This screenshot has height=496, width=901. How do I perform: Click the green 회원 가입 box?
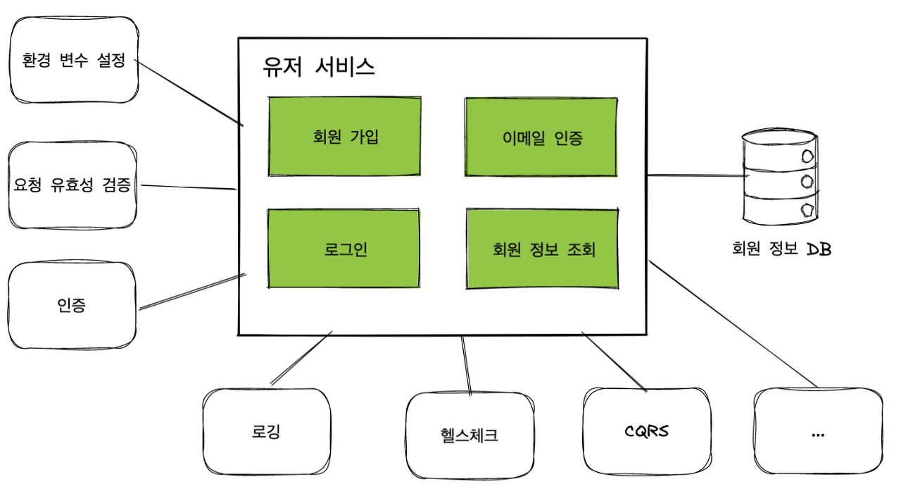tap(345, 136)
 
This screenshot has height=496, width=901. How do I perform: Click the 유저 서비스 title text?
tap(318, 66)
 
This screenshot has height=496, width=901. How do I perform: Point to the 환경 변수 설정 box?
tap(73, 61)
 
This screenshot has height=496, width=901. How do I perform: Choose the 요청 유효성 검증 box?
tap(73, 186)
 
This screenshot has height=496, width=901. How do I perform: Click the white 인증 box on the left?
tap(72, 306)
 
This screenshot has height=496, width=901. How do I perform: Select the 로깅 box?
tap(266, 431)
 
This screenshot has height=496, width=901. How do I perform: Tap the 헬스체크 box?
tap(470, 435)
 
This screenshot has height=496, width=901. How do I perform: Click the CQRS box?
tap(647, 430)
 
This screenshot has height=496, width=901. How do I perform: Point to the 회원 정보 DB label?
tap(781, 249)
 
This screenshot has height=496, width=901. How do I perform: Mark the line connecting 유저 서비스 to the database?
tap(697, 175)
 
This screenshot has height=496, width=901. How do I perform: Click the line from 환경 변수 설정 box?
tap(189, 94)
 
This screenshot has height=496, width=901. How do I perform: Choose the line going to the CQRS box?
tap(614, 361)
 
